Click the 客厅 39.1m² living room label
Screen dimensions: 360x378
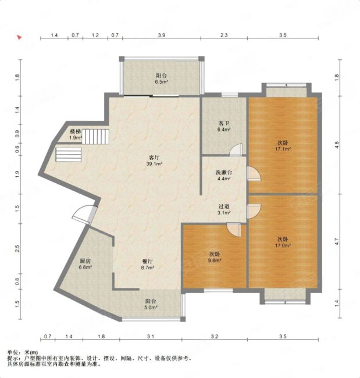tap(154, 161)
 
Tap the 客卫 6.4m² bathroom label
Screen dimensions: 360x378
tap(224, 126)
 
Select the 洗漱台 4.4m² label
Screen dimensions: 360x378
tap(224, 176)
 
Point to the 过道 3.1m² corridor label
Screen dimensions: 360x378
tap(224, 209)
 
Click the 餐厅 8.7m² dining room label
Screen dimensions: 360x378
tap(147, 264)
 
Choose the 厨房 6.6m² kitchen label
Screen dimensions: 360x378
tap(85, 264)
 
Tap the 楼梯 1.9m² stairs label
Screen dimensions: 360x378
tap(76, 134)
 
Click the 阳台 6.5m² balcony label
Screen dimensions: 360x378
tap(161, 79)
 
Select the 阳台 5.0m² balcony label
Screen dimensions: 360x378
tap(151, 304)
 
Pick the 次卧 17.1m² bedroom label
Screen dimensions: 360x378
tap(283, 145)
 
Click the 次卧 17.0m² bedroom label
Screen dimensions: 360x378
tap(283, 243)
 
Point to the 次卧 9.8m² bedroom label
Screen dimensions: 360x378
tap(215, 257)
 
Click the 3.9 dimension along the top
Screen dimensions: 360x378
tap(162, 35)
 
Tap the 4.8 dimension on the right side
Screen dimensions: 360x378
tap(337, 145)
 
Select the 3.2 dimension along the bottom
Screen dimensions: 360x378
tap(215, 336)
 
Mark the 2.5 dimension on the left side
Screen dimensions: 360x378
tap(17, 248)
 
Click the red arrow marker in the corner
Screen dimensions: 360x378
tap(19, 37)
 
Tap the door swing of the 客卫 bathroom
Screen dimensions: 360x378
tap(236, 149)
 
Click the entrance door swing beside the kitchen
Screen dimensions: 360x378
tap(82, 215)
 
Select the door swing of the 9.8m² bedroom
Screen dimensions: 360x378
tap(233, 230)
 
